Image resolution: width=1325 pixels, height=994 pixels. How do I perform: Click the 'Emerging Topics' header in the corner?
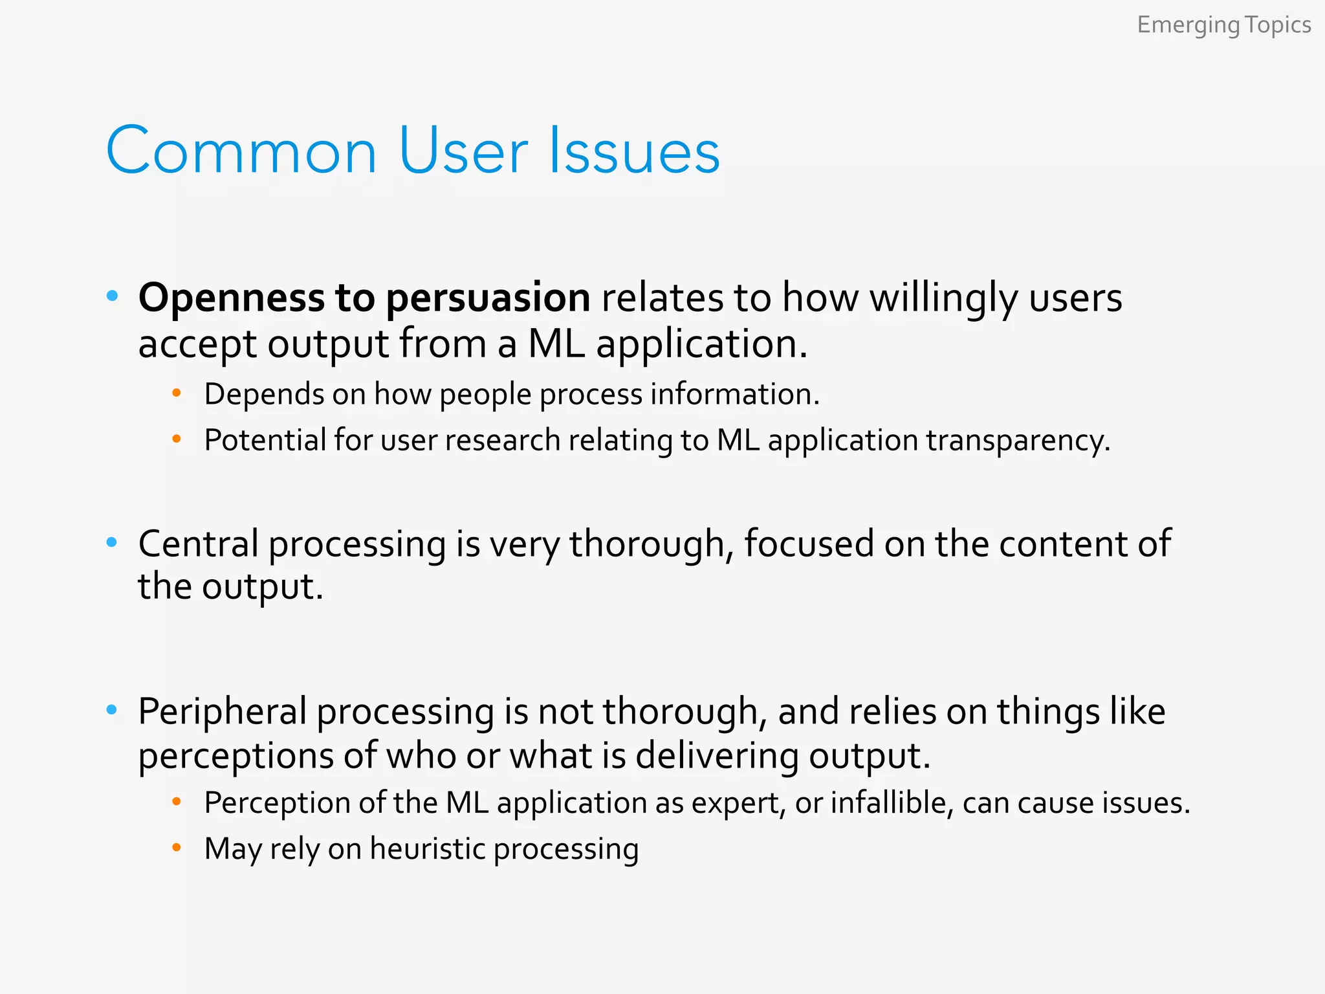(1223, 25)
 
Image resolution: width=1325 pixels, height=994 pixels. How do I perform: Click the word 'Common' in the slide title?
(241, 151)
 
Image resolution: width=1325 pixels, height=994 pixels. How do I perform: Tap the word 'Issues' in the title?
(633, 151)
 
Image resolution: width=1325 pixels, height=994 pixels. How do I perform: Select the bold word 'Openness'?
(231, 298)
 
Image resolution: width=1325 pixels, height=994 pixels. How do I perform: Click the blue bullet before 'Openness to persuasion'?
(112, 296)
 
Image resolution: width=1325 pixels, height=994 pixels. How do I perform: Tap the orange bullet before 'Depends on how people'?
(176, 393)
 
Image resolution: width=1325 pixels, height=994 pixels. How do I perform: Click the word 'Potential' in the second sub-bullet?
(265, 440)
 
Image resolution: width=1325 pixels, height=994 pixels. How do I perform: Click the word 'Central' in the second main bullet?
(198, 543)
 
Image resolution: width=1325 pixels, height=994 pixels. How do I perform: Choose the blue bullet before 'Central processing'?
(112, 542)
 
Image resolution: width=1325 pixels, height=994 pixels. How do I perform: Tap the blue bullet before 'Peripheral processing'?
(112, 710)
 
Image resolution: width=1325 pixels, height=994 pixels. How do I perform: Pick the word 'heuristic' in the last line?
(427, 849)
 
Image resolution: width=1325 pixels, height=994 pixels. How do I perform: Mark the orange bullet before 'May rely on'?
(176, 847)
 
